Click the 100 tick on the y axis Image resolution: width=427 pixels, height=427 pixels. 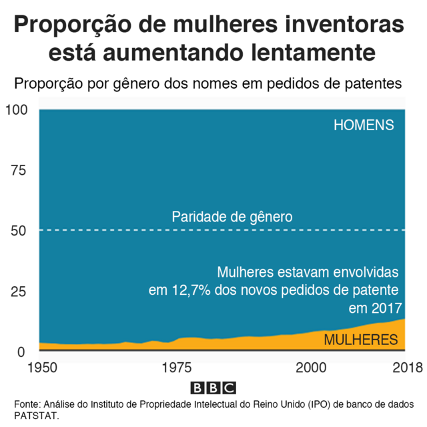(18, 109)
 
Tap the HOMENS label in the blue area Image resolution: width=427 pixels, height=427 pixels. (364, 125)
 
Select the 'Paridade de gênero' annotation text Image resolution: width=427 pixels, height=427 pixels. (232, 217)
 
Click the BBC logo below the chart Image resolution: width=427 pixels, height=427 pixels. (213, 388)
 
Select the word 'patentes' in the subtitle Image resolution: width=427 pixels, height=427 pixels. (372, 85)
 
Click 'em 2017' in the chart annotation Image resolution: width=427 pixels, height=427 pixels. (376, 308)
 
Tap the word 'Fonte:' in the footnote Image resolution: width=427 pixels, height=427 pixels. (27, 404)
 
